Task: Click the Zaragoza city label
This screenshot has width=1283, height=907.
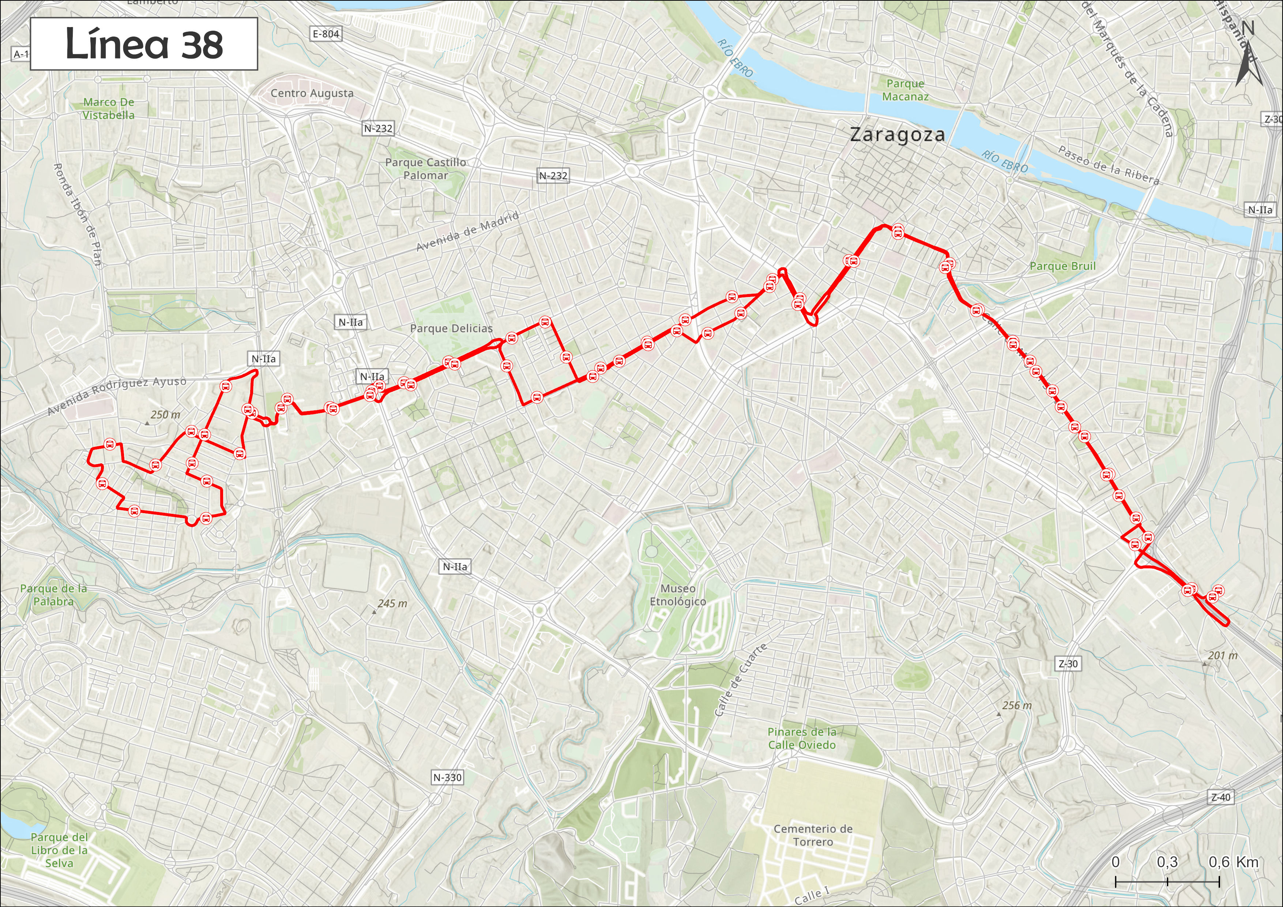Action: point(897,135)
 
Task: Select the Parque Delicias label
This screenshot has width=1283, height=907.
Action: point(452,328)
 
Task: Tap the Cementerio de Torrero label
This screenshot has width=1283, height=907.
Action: point(813,835)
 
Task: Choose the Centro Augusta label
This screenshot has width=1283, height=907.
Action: point(312,93)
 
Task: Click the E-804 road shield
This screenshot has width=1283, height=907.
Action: point(326,34)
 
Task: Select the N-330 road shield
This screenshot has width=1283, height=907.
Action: point(447,777)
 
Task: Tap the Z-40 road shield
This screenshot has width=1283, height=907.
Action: point(1220,798)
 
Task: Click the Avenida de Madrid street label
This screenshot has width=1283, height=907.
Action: point(468,232)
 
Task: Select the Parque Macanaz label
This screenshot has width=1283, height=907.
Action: point(905,90)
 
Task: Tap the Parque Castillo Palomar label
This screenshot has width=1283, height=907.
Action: point(425,169)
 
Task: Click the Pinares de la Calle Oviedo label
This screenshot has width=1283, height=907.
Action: point(802,738)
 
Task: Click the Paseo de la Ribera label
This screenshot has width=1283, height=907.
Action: point(1109,165)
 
